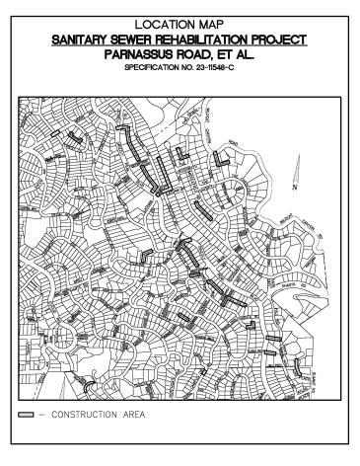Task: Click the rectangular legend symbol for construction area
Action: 26,413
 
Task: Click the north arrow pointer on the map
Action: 296,168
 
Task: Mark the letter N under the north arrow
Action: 293,186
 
